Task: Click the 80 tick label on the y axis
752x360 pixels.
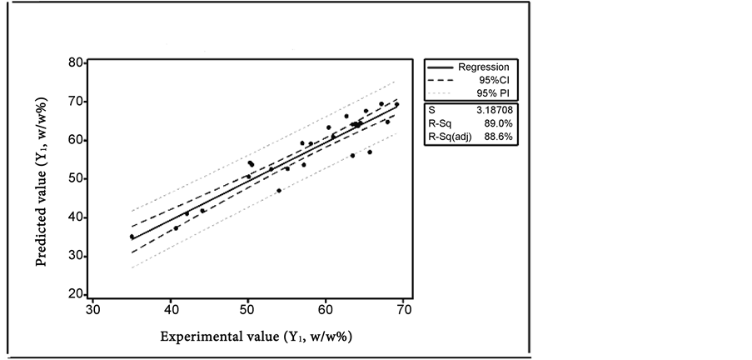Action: (76, 62)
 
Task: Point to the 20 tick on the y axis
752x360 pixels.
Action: (76, 294)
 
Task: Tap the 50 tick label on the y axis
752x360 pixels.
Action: (76, 178)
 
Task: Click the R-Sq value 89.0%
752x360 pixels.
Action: (498, 122)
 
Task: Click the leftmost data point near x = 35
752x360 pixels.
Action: (132, 237)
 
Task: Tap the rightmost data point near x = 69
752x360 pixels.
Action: (396, 105)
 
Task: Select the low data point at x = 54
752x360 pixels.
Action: (279, 191)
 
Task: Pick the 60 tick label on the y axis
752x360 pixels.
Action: (76, 140)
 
